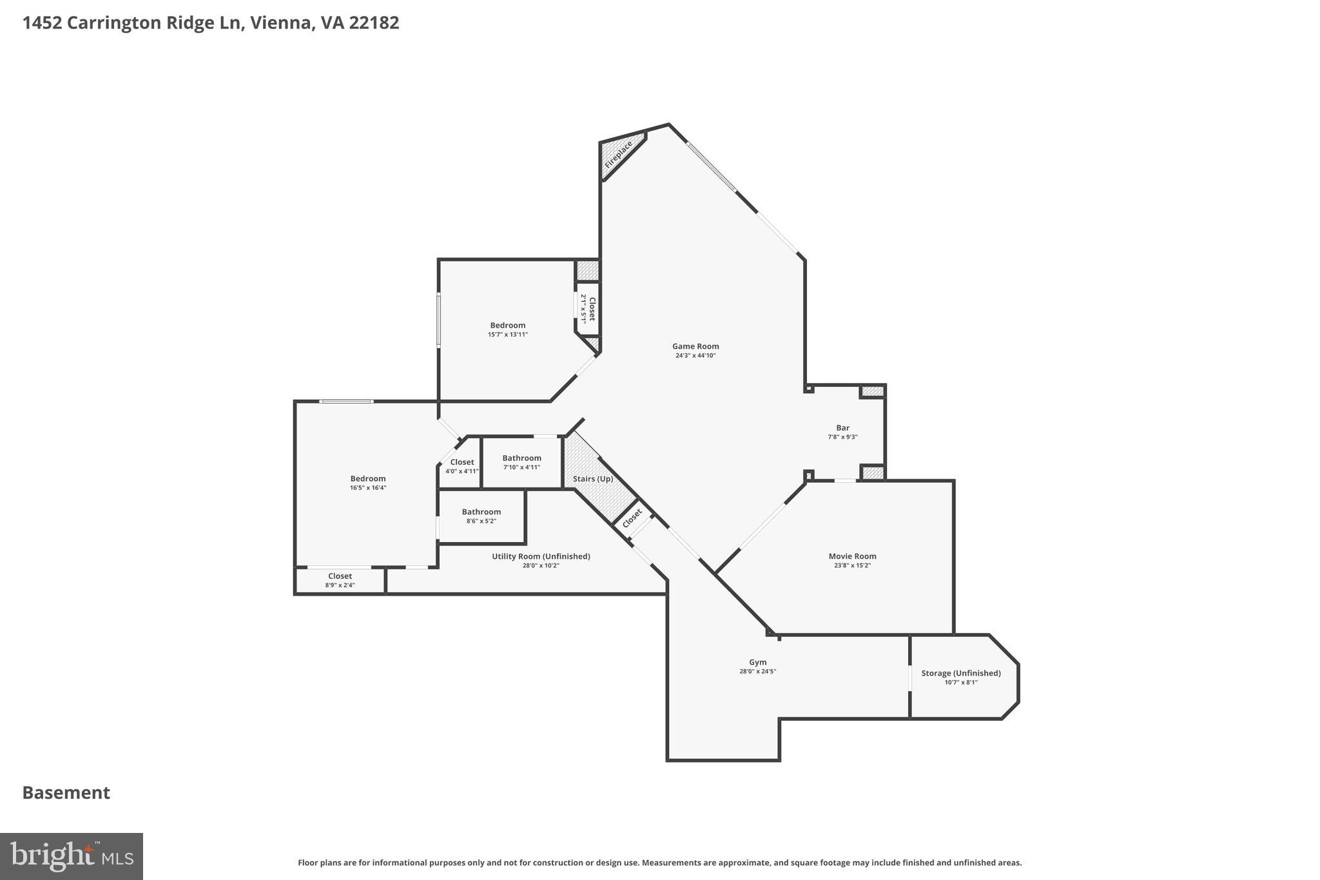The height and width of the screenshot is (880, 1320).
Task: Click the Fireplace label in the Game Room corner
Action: tap(618, 155)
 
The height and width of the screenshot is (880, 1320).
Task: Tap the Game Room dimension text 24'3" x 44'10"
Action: tap(695, 355)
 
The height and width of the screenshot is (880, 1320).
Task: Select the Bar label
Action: tap(842, 427)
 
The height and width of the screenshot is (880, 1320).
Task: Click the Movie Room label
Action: tap(852, 556)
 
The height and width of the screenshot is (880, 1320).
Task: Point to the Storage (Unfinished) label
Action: tap(960, 673)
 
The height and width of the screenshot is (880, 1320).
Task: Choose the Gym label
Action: tap(757, 662)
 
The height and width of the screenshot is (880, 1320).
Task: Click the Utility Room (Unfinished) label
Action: tap(541, 556)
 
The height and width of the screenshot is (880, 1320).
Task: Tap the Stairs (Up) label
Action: tap(592, 479)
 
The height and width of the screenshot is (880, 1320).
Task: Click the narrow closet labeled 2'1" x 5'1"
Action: tap(588, 308)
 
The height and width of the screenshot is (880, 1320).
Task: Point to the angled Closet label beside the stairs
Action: tap(632, 517)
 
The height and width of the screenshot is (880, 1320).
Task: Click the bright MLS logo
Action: tap(72, 856)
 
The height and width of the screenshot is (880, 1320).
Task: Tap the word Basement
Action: tap(66, 792)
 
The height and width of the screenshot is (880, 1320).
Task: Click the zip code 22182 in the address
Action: tap(374, 23)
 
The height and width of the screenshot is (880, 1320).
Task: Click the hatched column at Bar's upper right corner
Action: tap(873, 391)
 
